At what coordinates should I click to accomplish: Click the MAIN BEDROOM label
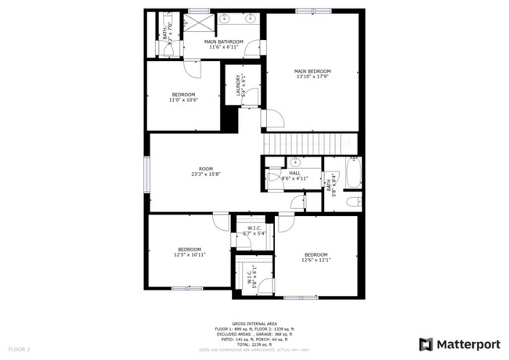[x=312, y=71]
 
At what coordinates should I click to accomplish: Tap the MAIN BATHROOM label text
[x=224, y=41]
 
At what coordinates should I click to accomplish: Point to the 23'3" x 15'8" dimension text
[x=206, y=174]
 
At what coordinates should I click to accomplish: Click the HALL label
[x=294, y=173]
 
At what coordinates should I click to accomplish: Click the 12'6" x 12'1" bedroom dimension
[x=316, y=260]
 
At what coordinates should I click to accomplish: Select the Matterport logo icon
[x=426, y=344]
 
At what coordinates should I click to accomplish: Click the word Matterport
[x=468, y=344]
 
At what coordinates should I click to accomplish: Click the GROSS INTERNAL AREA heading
[x=256, y=322]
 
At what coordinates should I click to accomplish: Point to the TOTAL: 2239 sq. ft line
[x=256, y=343]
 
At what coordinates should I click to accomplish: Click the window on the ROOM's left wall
[x=146, y=173]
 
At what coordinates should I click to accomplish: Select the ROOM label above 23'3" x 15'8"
[x=206, y=168]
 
